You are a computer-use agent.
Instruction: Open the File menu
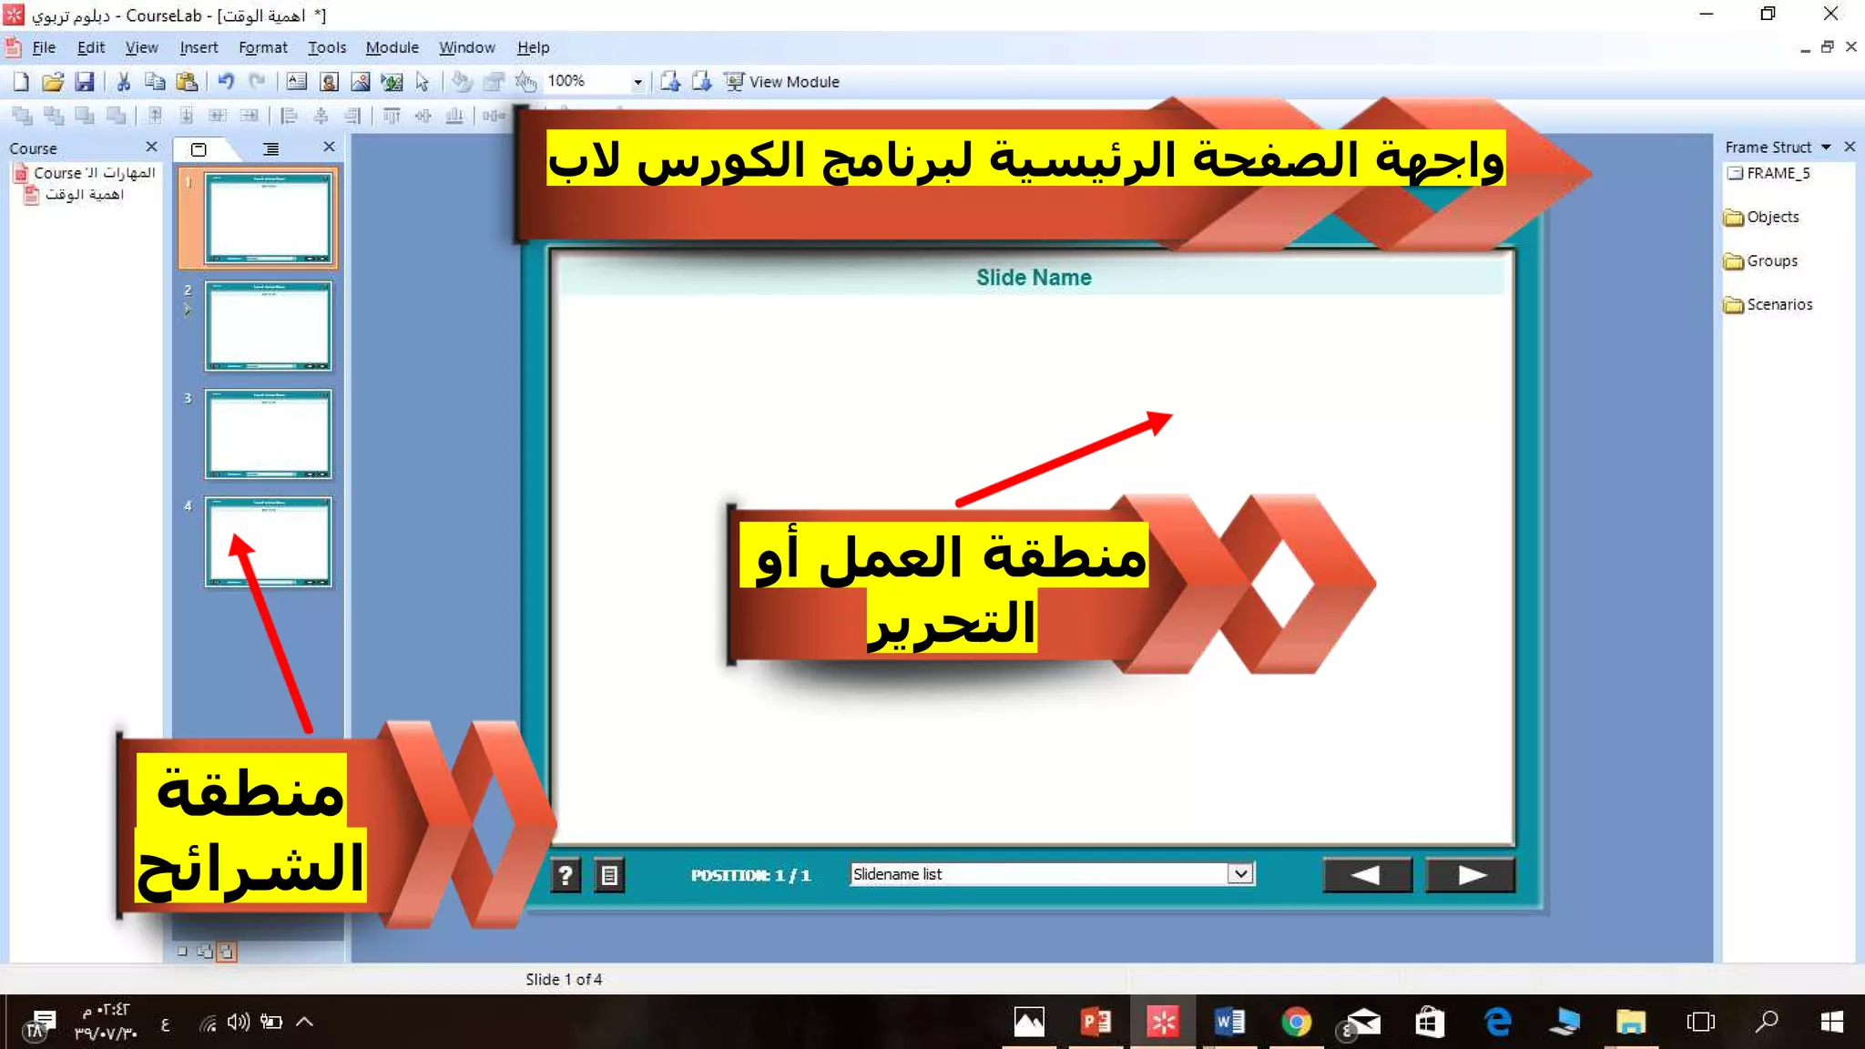43,47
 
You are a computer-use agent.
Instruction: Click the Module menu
392,47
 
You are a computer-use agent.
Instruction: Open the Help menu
533,47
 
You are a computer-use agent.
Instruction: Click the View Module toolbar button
782,82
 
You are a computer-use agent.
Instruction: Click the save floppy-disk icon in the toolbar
84,82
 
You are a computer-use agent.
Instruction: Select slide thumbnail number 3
268,433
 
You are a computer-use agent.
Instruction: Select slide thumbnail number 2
268,325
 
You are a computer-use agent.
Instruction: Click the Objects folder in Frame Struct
1772,217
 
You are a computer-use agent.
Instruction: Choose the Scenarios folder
1778,304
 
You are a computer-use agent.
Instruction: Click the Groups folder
1771,260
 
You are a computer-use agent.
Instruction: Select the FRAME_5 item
1777,173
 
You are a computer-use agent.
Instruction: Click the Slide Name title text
1034,278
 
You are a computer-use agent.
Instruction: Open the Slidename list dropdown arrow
1240,874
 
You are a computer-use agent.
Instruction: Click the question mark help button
566,876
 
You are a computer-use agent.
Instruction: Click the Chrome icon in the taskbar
1296,1022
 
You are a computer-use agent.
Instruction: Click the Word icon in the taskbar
1229,1022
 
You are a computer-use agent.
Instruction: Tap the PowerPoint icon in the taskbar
1096,1022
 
